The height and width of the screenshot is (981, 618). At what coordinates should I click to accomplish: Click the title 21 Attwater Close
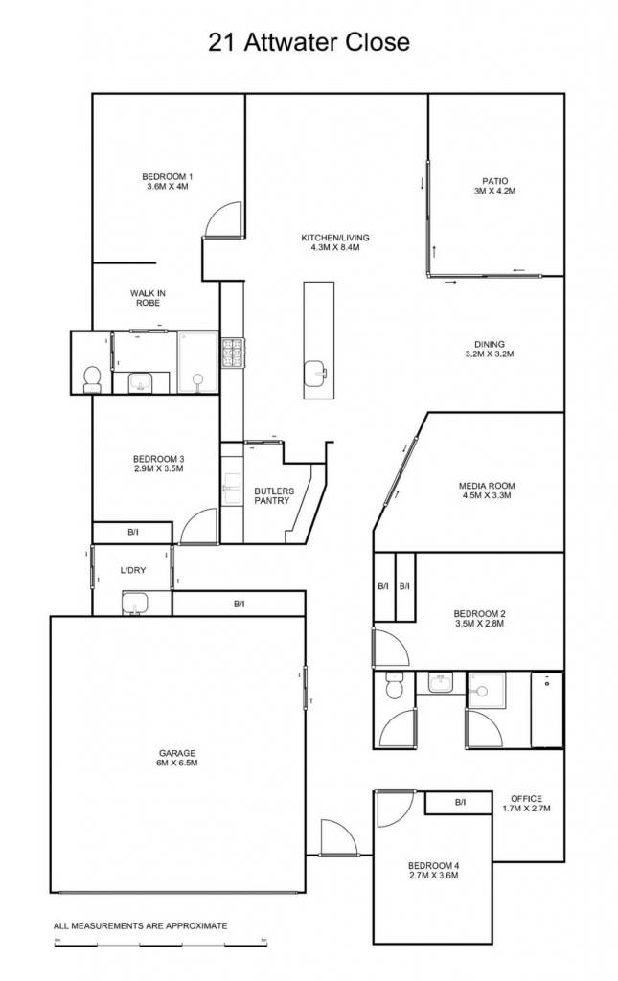(309, 42)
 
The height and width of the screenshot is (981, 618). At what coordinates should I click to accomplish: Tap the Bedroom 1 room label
(166, 181)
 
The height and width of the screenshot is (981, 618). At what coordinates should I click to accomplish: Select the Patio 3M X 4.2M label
(494, 187)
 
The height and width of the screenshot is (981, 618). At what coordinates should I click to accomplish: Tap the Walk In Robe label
(149, 298)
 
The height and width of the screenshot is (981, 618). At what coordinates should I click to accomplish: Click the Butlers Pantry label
(272, 495)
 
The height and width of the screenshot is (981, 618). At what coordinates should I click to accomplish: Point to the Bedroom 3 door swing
(198, 527)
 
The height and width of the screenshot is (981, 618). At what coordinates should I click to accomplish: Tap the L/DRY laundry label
(133, 570)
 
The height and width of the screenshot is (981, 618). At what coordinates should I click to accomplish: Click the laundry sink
(134, 604)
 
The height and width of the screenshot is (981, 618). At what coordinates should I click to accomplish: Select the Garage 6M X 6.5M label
(177, 758)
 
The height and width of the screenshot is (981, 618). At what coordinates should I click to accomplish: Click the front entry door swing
(339, 837)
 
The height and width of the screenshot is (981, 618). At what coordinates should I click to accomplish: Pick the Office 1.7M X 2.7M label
(526, 804)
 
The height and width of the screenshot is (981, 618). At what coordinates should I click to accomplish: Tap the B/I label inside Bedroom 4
(460, 802)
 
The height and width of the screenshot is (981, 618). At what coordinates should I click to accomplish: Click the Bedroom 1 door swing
(222, 219)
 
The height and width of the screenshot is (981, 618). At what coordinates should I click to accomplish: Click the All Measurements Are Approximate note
(141, 925)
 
